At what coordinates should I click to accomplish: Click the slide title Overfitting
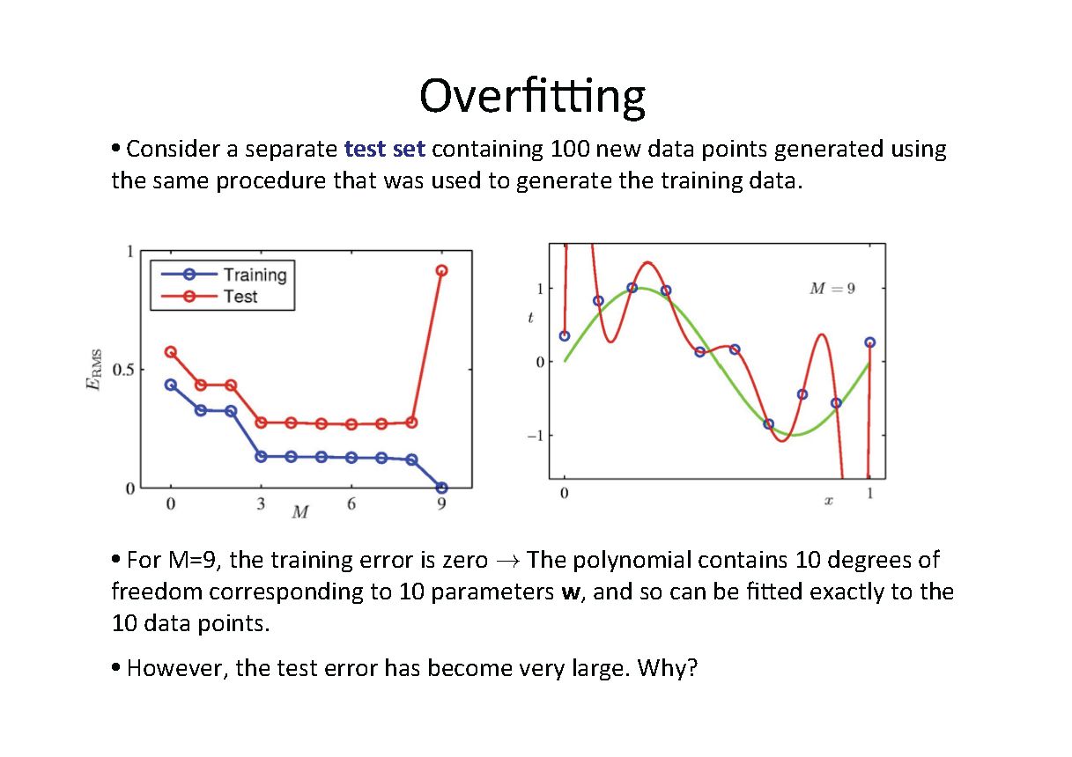pyautogui.click(x=532, y=97)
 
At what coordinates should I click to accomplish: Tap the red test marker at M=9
pyautogui.click(x=441, y=270)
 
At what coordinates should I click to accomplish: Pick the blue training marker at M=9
pyautogui.click(x=441, y=488)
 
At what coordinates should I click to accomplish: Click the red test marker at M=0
pyautogui.click(x=171, y=352)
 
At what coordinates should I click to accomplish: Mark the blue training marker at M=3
pyautogui.click(x=261, y=457)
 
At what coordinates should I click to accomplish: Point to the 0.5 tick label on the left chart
pyautogui.click(x=123, y=370)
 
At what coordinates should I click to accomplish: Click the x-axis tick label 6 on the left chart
pyautogui.click(x=351, y=503)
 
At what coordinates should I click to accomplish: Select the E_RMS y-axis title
pyautogui.click(x=94, y=369)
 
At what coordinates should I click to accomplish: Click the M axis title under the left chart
pyautogui.click(x=300, y=512)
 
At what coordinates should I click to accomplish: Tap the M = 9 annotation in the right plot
pyautogui.click(x=832, y=289)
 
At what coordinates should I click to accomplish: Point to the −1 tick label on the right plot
pyautogui.click(x=536, y=436)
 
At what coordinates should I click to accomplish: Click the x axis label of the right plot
pyautogui.click(x=828, y=501)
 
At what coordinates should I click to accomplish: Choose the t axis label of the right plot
pyautogui.click(x=530, y=318)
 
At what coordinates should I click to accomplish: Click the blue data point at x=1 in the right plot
pyautogui.click(x=870, y=342)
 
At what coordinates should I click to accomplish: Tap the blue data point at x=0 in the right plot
pyautogui.click(x=565, y=335)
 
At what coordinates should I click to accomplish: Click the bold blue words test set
pyautogui.click(x=385, y=149)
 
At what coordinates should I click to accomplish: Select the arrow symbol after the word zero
pyautogui.click(x=507, y=561)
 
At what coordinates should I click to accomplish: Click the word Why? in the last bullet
pyautogui.click(x=668, y=668)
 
